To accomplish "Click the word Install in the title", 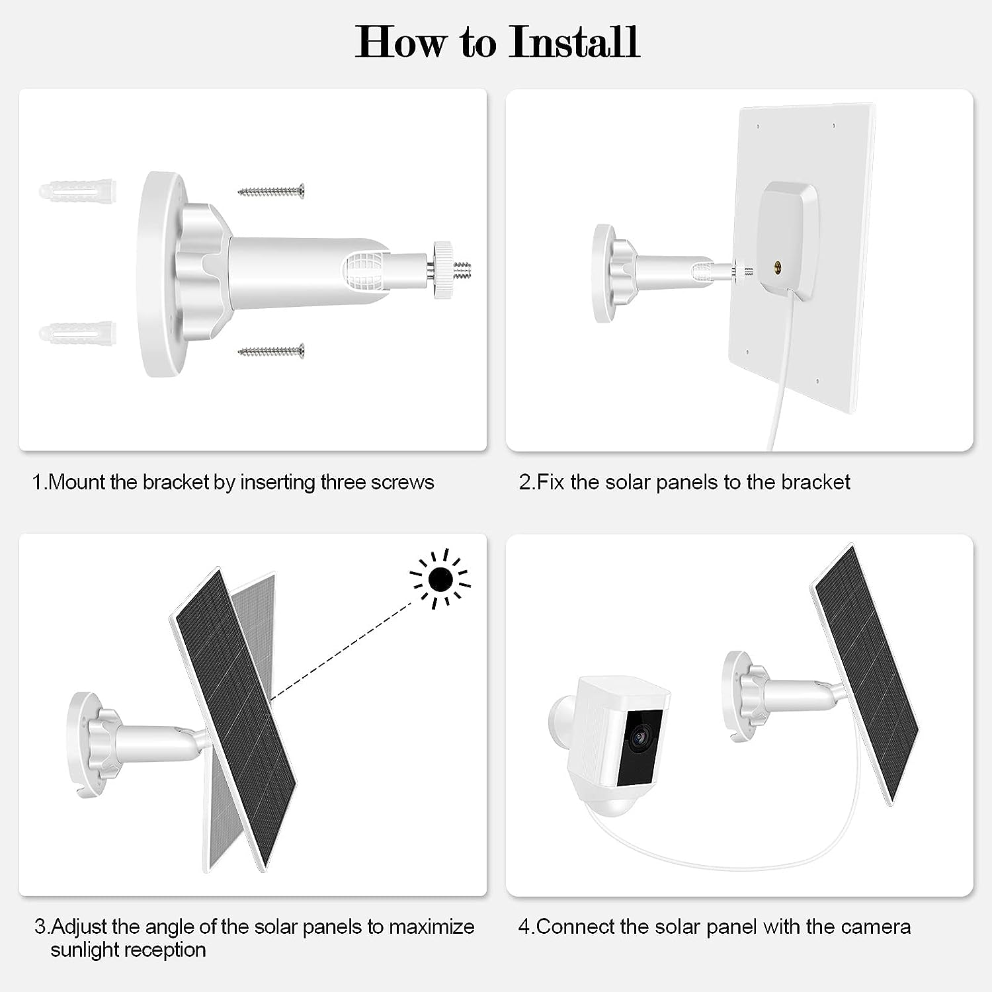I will point(574,42).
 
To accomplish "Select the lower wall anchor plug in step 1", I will point(77,333).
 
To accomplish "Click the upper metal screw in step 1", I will point(271,192).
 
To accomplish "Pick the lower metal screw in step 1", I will point(271,351).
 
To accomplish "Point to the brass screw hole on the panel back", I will point(778,267).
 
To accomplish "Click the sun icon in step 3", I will point(440,579).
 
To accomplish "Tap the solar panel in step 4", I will point(866,675).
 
